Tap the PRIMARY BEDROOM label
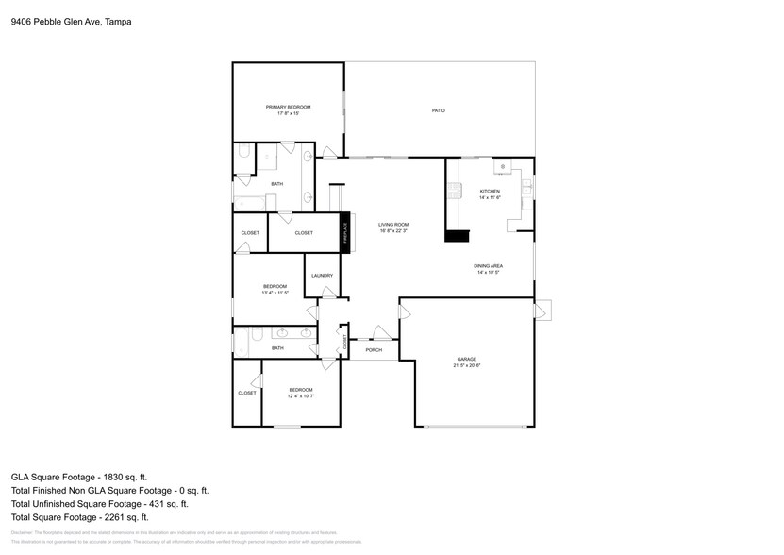(288, 107)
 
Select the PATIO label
(439, 111)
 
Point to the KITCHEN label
(489, 192)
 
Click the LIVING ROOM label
(392, 225)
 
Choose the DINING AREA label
(488, 266)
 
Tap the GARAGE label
(466, 359)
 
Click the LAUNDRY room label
(322, 276)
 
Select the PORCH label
(374, 349)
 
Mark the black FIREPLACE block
(345, 232)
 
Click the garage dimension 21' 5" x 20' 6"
(466, 365)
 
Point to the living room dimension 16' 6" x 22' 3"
(392, 230)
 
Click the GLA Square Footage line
(79, 478)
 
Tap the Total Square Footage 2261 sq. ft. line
(80, 517)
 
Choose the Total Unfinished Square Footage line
(100, 504)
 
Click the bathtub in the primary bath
(248, 201)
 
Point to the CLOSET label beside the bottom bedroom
(246, 393)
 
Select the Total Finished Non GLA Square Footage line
(110, 491)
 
